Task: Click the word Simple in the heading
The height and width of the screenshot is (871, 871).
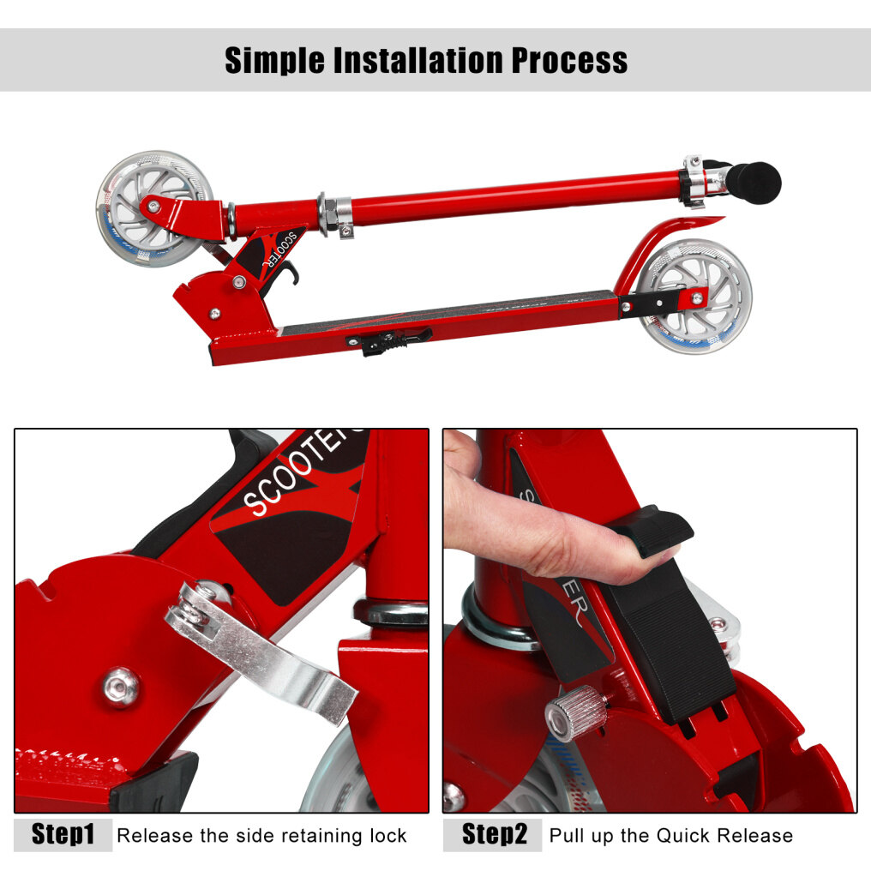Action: point(274,61)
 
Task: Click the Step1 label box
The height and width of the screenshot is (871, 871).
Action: point(63,834)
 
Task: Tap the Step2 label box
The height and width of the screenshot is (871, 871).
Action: point(492,834)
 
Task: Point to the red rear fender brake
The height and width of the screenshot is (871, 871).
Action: point(667,244)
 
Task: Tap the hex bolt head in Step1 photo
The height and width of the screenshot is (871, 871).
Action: point(121,688)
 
